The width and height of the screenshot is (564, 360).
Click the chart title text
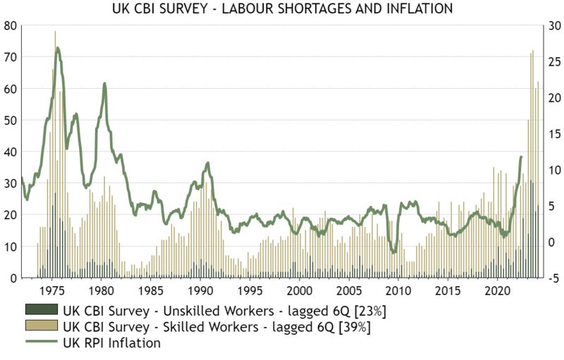coord(282,9)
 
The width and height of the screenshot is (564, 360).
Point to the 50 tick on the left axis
coord(10,120)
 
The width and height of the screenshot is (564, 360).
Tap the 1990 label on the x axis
coord(200,290)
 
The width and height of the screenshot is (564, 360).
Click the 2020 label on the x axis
coord(497,290)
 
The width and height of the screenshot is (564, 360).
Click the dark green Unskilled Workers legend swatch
coord(42,310)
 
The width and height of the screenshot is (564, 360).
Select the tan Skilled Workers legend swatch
coord(42,327)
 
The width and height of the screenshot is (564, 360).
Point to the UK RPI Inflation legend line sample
coord(42,343)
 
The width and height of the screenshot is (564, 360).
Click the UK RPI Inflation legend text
coord(112,343)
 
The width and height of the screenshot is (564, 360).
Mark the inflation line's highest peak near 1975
coord(57,48)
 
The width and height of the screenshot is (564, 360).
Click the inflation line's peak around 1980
coord(104,84)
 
